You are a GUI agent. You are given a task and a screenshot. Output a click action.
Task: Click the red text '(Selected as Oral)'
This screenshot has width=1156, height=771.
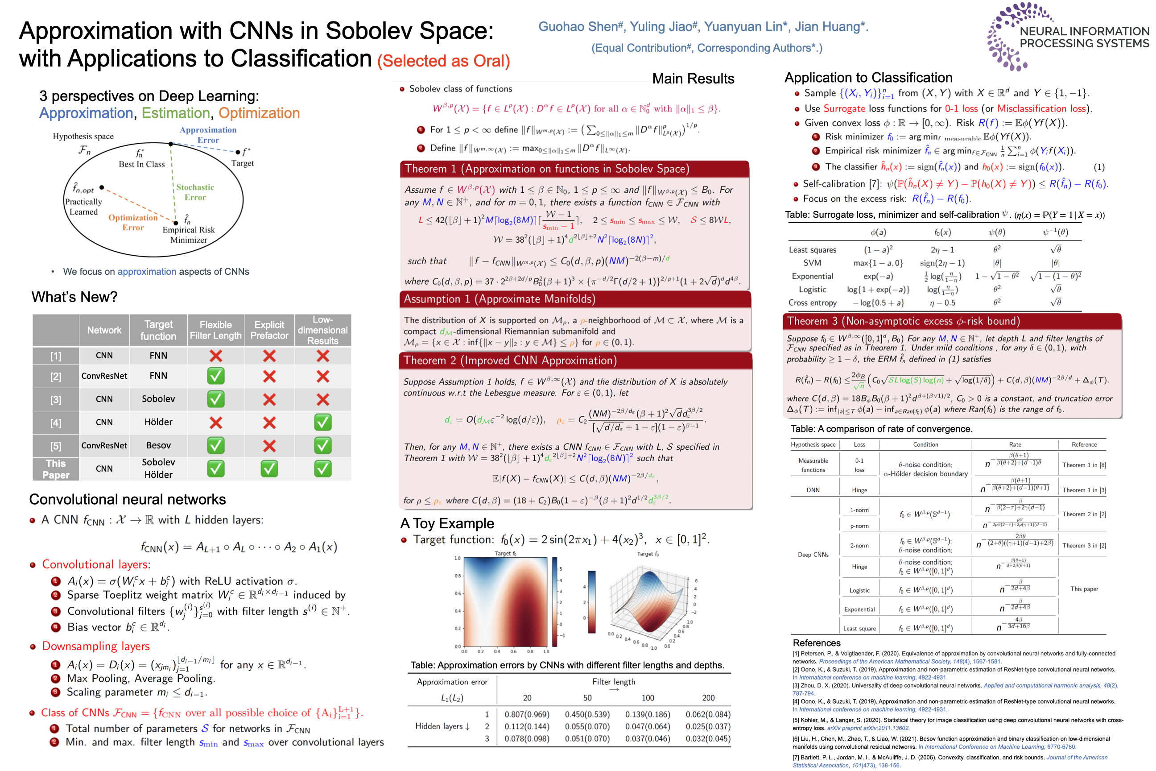pyautogui.click(x=443, y=61)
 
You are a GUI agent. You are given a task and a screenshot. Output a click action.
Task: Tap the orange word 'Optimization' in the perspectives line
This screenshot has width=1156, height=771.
pyautogui.click(x=259, y=113)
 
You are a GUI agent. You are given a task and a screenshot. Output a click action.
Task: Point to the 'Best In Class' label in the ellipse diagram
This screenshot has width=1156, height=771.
pyautogui.click(x=141, y=164)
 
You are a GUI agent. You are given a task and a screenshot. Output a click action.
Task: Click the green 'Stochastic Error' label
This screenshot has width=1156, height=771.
pyautogui.click(x=195, y=192)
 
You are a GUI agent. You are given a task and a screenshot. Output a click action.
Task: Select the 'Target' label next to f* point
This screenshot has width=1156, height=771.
pyautogui.click(x=242, y=163)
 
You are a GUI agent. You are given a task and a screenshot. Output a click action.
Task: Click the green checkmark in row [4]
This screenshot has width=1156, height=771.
pyautogui.click(x=322, y=423)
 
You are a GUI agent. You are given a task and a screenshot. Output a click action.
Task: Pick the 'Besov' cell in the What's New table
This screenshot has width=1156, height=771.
pyautogui.click(x=158, y=445)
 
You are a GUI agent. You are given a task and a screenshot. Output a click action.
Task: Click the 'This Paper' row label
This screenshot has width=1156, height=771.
pyautogui.click(x=56, y=469)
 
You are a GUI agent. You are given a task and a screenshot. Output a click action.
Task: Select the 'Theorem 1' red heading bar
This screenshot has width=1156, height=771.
pyautogui.click(x=574, y=169)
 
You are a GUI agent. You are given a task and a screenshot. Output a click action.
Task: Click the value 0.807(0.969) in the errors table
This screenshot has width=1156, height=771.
pyautogui.click(x=527, y=714)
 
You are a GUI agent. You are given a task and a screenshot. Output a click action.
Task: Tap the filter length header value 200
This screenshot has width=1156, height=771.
pyautogui.click(x=708, y=698)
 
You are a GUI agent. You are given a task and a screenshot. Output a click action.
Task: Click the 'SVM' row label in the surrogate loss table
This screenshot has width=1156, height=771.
pyautogui.click(x=812, y=263)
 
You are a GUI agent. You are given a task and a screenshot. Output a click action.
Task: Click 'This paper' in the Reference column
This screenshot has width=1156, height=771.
pyautogui.click(x=1084, y=589)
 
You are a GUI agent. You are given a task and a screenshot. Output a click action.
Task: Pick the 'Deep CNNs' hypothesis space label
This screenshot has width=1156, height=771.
pyautogui.click(x=813, y=555)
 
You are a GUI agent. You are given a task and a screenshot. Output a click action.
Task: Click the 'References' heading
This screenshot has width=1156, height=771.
pyautogui.click(x=816, y=642)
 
